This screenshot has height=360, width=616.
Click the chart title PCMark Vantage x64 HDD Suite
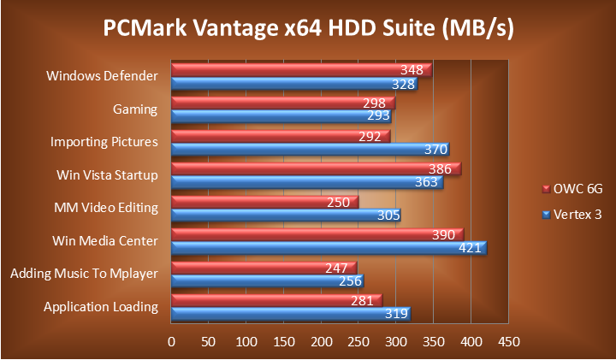tap(308, 29)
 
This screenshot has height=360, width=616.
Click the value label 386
tap(440, 168)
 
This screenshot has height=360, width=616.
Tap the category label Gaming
tap(135, 109)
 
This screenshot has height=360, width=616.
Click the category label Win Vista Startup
tap(107, 175)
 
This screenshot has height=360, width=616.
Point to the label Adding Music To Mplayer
tap(84, 274)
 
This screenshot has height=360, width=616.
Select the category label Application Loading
tap(101, 307)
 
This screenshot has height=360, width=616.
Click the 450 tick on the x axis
tap(508, 342)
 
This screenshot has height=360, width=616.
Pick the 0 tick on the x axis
tap(171, 342)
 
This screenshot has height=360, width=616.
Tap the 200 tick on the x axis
tap(321, 342)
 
